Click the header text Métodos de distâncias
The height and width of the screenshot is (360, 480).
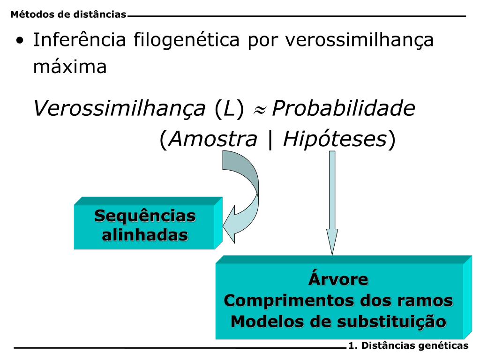[x=68, y=15]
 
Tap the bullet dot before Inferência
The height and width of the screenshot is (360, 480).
[x=19, y=41]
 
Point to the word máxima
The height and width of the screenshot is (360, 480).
[x=70, y=67]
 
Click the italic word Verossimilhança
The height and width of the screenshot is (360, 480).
[x=120, y=110]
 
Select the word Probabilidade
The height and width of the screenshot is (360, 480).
[x=344, y=110]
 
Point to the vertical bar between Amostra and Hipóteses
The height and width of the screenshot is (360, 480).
[x=270, y=139]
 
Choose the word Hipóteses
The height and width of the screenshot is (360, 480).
[x=335, y=139]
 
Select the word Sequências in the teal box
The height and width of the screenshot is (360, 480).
[x=145, y=216]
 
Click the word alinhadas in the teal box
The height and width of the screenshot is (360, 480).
[x=145, y=234]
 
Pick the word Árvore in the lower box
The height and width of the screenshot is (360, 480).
[x=338, y=279]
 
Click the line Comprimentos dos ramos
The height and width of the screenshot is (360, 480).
[x=338, y=300]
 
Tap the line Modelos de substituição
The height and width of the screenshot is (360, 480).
[x=338, y=322]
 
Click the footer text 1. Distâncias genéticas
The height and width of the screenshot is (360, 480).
[x=408, y=346]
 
